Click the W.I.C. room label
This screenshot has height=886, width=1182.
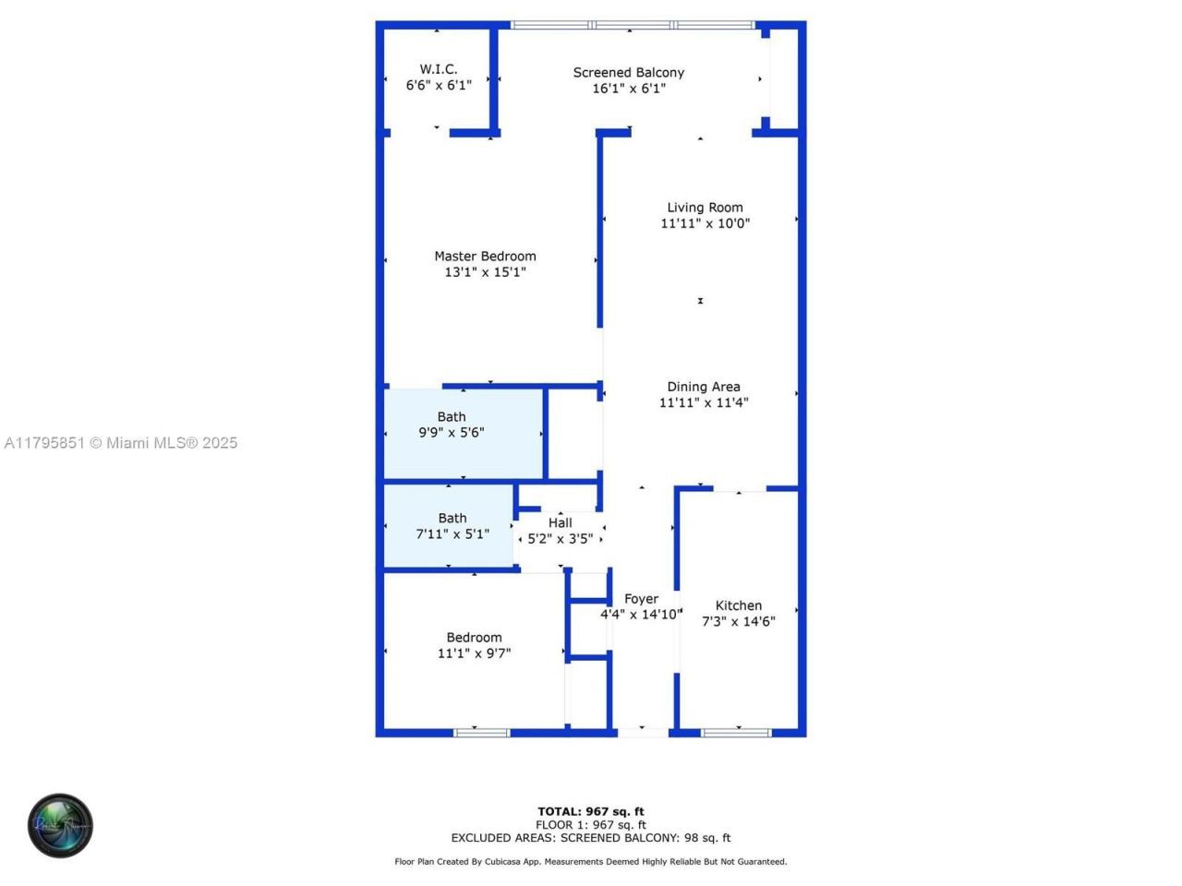[439, 69]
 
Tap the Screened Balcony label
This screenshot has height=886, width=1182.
[629, 72]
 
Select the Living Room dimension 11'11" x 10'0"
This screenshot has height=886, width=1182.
[705, 223]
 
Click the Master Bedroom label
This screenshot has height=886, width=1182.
[485, 257]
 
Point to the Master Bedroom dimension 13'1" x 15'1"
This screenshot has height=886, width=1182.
[485, 272]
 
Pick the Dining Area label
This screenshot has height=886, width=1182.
[704, 387]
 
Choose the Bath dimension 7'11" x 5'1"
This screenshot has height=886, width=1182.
[452, 533]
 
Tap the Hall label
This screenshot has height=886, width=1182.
[560, 522]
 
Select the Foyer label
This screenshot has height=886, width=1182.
[641, 599]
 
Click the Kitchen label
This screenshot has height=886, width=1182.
[739, 605]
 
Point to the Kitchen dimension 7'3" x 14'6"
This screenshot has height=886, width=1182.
[739, 621]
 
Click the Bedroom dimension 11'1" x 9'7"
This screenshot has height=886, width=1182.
[474, 653]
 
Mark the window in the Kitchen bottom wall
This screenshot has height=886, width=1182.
[736, 733]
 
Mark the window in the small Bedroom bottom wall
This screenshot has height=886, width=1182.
[481, 733]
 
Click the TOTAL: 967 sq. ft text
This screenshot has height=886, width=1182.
[591, 812]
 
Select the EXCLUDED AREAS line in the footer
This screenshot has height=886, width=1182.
[591, 838]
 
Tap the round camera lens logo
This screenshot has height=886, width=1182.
[60, 825]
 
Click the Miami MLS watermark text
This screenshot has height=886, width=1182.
[121, 443]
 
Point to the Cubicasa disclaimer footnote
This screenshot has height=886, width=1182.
[591, 862]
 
